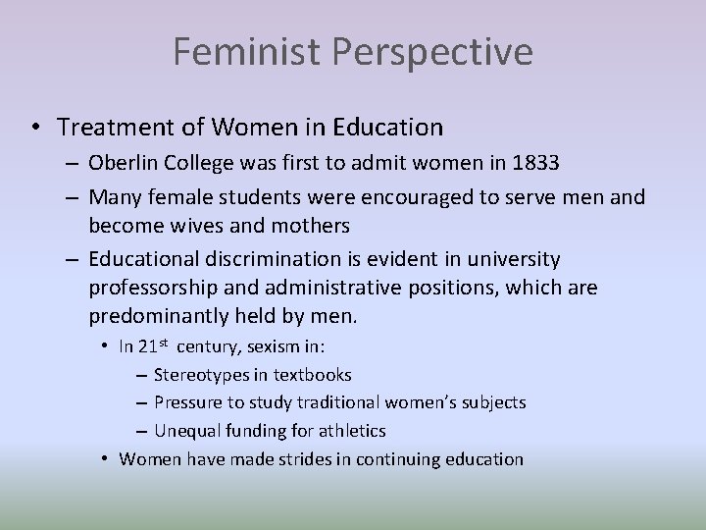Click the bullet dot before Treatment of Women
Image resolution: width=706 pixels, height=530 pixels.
click(36, 128)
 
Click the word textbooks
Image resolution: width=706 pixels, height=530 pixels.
click(312, 374)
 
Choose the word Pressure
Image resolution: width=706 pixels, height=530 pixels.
click(189, 402)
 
